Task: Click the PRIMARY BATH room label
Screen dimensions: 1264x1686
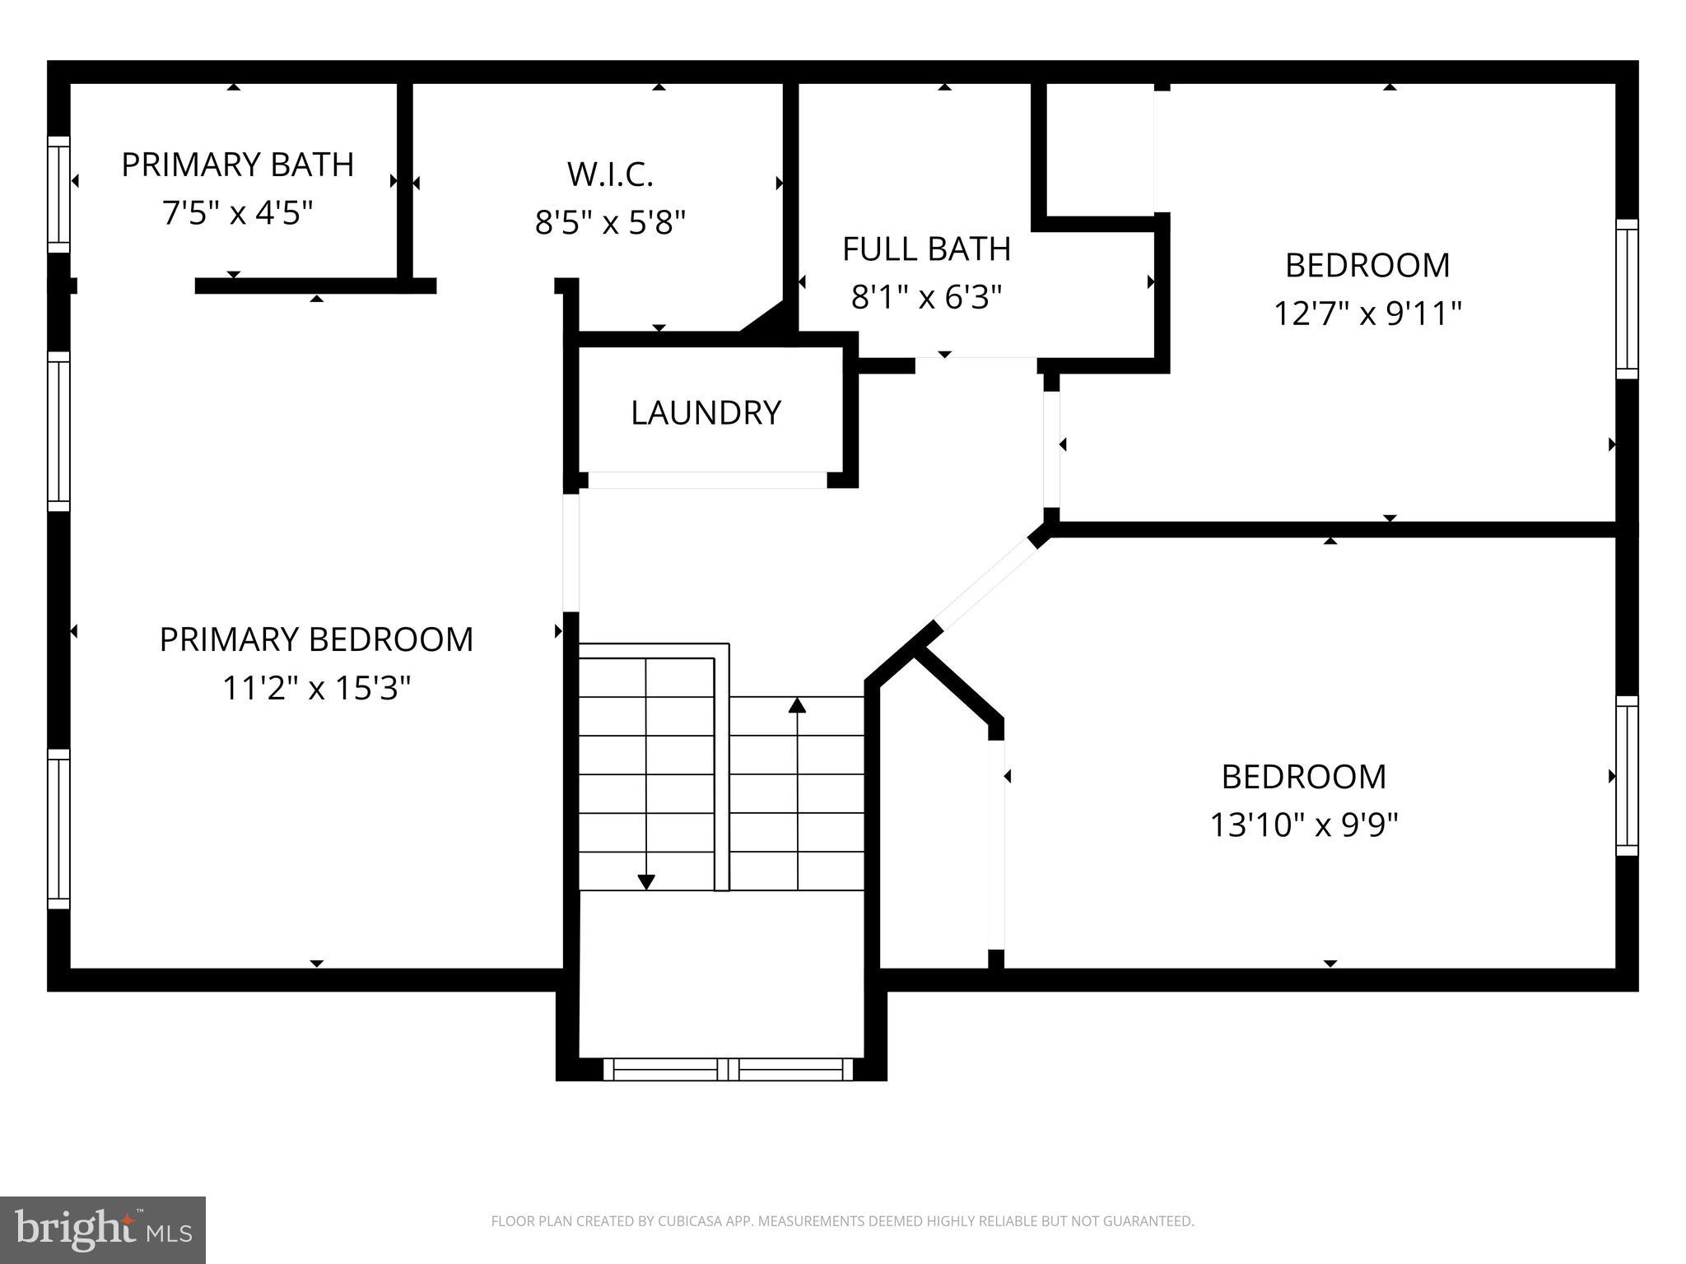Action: [237, 165]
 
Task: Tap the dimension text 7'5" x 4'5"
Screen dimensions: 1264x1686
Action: [237, 214]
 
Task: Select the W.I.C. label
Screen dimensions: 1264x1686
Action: [610, 174]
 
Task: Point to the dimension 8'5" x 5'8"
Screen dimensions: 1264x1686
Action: [610, 222]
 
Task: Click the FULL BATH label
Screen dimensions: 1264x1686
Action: [926, 249]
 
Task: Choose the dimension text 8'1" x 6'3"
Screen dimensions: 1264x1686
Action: [926, 297]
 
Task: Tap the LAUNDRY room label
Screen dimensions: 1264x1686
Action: [706, 412]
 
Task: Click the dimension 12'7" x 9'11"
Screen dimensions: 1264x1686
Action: [1367, 314]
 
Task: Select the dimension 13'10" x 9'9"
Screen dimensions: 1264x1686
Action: [1304, 825]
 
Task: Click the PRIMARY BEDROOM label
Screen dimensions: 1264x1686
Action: [316, 639]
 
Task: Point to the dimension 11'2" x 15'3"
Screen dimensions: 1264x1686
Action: [316, 688]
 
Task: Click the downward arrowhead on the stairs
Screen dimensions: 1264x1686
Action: [646, 881]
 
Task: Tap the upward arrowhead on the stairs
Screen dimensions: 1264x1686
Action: [797, 705]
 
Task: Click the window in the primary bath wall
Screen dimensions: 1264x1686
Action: [58, 194]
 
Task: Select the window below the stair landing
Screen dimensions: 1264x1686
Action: [728, 1069]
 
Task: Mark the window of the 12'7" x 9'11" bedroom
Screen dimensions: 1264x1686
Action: [1627, 299]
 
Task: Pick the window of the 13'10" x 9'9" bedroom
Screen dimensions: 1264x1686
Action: [1627, 776]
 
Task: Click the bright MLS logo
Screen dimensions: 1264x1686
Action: [103, 1230]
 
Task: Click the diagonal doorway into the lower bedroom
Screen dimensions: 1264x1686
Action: [985, 581]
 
